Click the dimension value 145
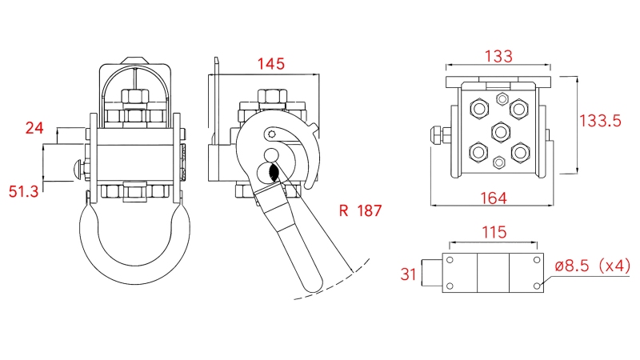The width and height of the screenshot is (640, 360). [270, 64]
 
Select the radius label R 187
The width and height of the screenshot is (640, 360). [360, 211]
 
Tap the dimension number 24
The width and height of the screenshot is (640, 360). [34, 127]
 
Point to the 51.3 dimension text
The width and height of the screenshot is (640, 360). [23, 191]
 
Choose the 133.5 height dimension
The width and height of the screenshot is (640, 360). [600, 122]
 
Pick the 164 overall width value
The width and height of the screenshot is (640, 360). [496, 197]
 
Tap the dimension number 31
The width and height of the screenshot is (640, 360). [408, 274]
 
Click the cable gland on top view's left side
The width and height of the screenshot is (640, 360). [438, 134]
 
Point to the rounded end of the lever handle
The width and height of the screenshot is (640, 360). [312, 282]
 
